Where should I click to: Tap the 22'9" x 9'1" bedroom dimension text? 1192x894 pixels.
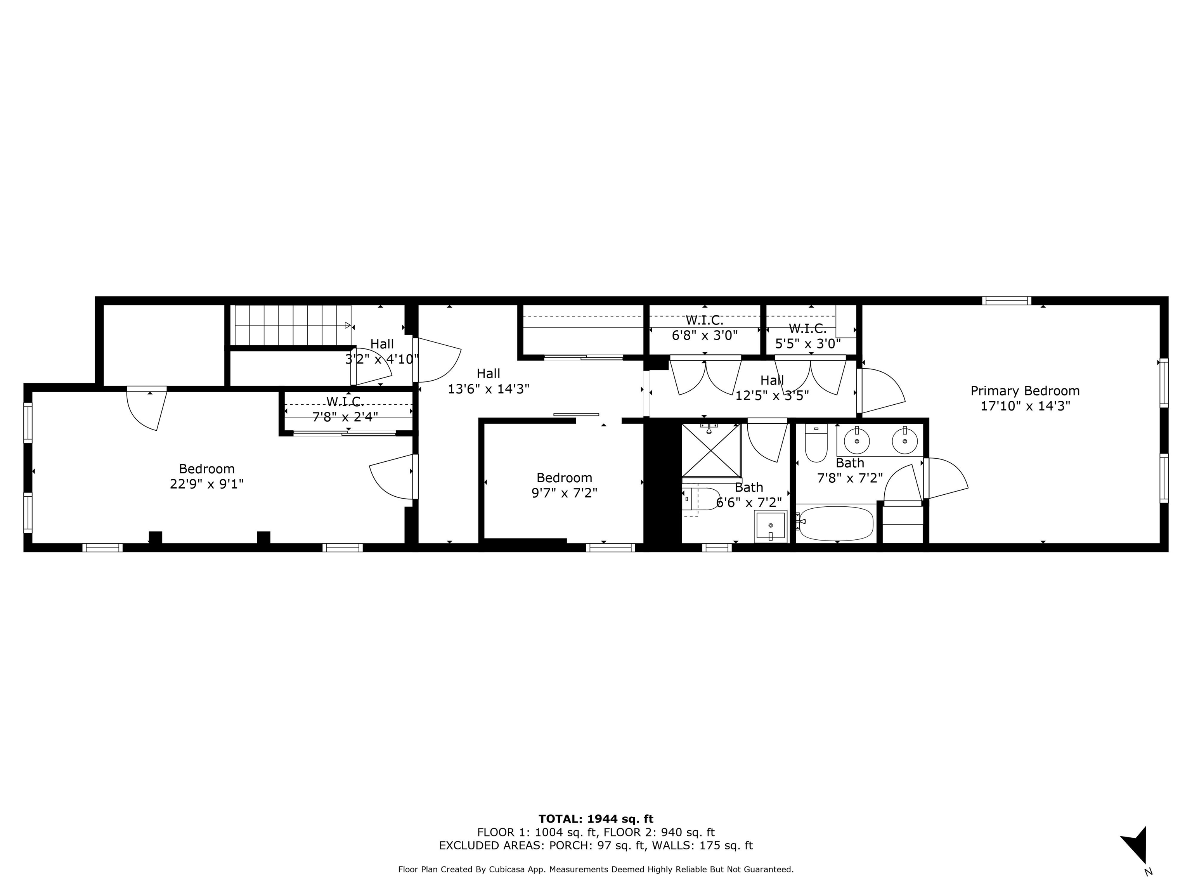(206, 484)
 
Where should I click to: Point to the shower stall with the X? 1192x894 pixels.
(711, 450)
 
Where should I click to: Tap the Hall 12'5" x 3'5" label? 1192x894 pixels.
(772, 388)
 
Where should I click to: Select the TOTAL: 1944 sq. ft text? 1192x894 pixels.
(596, 819)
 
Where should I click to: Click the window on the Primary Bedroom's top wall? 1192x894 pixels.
(1006, 301)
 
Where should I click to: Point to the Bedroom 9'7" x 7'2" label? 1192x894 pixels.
(564, 485)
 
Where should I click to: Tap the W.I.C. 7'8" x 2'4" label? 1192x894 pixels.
(345, 409)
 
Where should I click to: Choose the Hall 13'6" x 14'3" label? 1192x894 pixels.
(488, 381)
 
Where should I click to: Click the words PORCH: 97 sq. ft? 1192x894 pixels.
(596, 845)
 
